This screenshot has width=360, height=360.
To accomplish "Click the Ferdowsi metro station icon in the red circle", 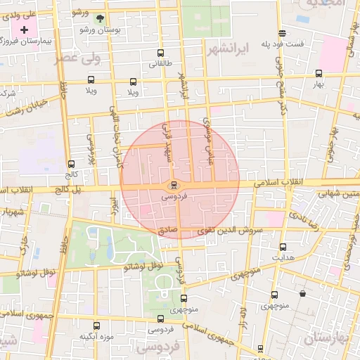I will pos(174,186).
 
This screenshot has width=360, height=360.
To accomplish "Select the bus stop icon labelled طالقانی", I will pos(161,53).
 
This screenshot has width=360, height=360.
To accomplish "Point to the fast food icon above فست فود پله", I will pos(283,32).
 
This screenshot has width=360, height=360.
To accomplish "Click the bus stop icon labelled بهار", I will pos(319,72).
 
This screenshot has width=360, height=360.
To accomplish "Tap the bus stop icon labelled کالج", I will pos(72,163).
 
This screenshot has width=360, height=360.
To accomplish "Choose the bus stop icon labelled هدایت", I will pos(283,247).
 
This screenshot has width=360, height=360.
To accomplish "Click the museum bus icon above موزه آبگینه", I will pos(96,325).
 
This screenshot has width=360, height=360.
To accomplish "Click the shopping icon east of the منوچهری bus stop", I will pos(302,294).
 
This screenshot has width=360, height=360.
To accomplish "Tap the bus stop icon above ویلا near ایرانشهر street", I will pos(133,82).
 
